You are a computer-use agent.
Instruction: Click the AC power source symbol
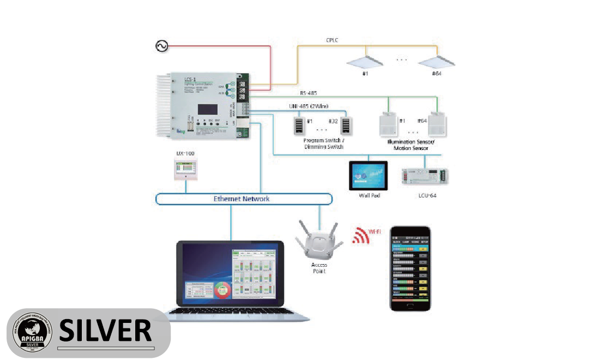[162, 46]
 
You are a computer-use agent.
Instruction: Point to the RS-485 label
[309, 93]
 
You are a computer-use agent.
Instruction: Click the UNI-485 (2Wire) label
[309, 106]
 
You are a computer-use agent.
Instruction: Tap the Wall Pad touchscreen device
[368, 175]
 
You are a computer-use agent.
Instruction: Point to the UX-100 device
[186, 170]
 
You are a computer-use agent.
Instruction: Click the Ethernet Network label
[242, 199]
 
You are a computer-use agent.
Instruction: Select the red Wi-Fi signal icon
[360, 235]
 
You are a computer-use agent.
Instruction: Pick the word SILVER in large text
[105, 330]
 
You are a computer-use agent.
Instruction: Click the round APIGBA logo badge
[33, 333]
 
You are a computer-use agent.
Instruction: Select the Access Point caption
[319, 268]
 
